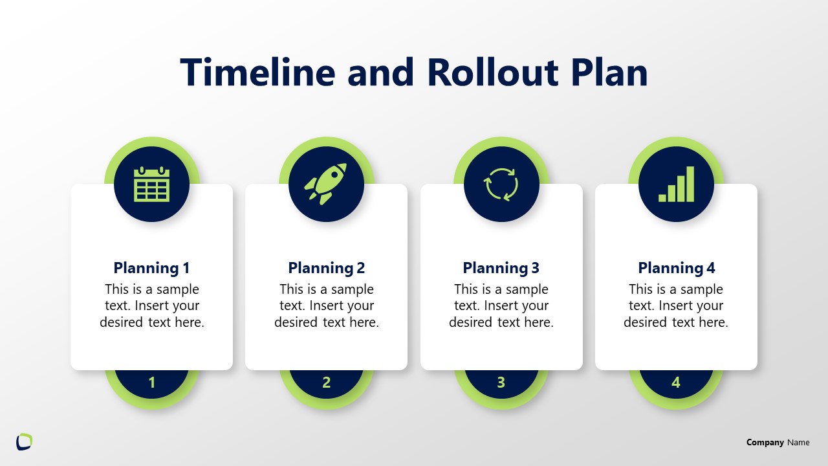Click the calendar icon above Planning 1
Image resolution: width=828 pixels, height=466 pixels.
pos(151,184)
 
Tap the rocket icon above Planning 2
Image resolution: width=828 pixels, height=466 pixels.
pos(326,182)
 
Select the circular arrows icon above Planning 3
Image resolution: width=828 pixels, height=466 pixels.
pos(501,184)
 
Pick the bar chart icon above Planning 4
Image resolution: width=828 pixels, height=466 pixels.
pos(676,184)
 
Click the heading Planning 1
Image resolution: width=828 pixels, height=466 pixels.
pos(151,268)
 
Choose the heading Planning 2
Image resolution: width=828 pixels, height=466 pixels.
pos(326,268)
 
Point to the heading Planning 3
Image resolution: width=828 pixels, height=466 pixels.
pos(501,268)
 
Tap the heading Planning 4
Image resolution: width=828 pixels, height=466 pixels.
pos(676,268)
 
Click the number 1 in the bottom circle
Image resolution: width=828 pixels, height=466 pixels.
pos(152,383)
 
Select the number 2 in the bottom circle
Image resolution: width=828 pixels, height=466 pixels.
pos(326,383)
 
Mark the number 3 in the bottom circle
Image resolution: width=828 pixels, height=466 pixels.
pos(501,383)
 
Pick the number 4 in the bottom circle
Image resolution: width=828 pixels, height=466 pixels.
pos(676,383)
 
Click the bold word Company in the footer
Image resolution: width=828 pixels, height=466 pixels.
pos(765,443)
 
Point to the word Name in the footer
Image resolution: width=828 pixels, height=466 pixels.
pos(798,443)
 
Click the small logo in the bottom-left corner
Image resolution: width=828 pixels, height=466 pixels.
pos(24,441)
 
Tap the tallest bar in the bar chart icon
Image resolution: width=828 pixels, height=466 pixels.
pos(690,184)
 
